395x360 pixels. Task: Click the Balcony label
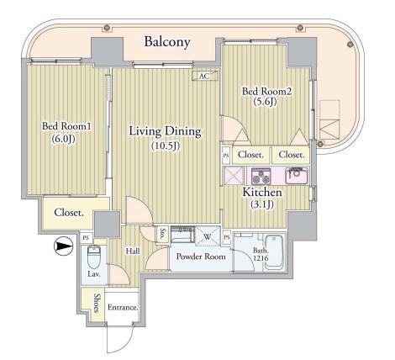(167, 42)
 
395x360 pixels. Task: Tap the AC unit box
(205, 76)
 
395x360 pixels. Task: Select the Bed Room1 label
(66, 126)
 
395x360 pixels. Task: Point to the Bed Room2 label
(266, 92)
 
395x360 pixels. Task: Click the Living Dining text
(165, 131)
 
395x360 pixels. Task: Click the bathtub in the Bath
(274, 252)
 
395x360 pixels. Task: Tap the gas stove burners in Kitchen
(261, 176)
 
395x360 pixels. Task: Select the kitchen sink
(297, 176)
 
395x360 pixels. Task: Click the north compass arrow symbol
(63, 246)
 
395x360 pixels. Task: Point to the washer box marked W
(208, 237)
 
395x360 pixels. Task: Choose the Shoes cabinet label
(97, 303)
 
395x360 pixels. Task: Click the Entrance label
(123, 308)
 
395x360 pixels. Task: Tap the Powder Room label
(201, 257)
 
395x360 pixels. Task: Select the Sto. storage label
(162, 235)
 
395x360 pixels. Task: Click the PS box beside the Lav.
(86, 238)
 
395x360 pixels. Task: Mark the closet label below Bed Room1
(69, 213)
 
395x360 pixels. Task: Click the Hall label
(133, 251)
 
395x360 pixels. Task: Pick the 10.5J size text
(166, 146)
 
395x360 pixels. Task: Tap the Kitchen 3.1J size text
(261, 204)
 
